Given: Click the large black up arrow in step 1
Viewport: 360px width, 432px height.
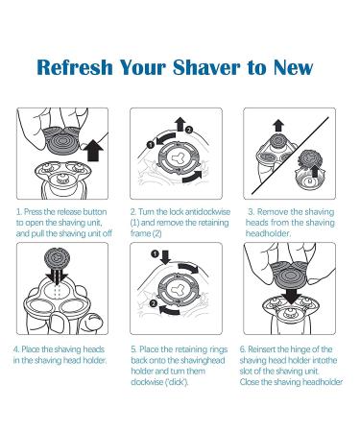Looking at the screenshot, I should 94,150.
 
